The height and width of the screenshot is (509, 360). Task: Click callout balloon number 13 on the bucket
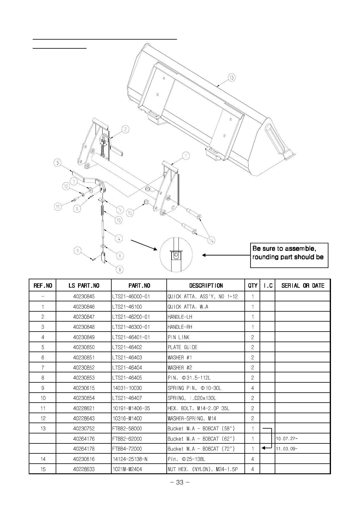coord(231,78)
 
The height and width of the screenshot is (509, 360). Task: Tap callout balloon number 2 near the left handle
coord(125,130)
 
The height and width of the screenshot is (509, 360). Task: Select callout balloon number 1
coord(186,156)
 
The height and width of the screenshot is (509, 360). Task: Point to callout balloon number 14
coord(211,240)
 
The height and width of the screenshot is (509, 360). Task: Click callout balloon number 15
coord(130,213)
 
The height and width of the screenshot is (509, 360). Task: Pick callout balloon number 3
coord(57,163)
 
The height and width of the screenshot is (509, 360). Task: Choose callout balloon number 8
coord(120,269)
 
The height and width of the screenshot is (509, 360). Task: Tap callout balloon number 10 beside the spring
coord(119,220)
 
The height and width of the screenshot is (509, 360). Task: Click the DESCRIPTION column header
coord(206,286)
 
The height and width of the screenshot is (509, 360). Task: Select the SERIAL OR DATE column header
coord(303,286)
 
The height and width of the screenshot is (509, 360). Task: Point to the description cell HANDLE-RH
coord(180,327)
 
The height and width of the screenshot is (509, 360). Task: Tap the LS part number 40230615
coord(84,388)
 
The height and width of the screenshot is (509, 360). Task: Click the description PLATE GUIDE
coord(182,347)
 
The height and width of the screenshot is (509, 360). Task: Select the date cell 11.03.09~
coord(286,449)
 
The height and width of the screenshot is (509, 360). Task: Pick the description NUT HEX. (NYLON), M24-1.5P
coord(202,469)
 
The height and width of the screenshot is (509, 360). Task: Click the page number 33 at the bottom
coord(180,482)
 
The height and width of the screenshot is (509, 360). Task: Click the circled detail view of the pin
coord(176,255)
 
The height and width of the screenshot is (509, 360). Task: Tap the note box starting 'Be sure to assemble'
coord(289,255)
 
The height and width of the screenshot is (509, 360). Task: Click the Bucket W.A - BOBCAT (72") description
coord(201,449)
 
